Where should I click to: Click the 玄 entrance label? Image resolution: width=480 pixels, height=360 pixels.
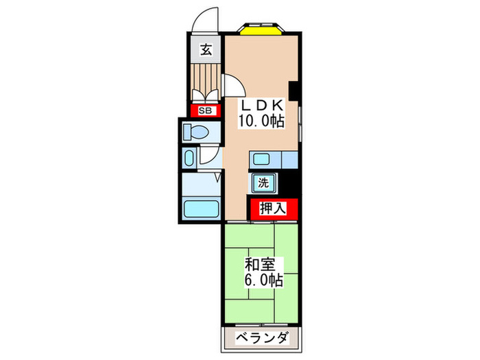coord(205,49)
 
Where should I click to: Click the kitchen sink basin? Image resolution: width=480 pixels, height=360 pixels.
coord(262,160)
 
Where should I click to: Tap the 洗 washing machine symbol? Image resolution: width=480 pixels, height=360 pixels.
coord(263,183)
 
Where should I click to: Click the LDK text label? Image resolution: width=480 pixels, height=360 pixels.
coord(261,106)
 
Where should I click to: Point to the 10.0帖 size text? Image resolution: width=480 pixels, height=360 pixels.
coord(261,121)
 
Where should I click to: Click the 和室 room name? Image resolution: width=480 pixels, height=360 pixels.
coord(261,264)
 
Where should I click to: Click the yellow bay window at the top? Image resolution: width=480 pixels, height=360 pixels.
coord(261,29)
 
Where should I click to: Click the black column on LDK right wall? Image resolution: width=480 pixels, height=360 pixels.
coord(293,90)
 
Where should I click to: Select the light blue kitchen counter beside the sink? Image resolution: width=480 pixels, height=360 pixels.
coord(289,160)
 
